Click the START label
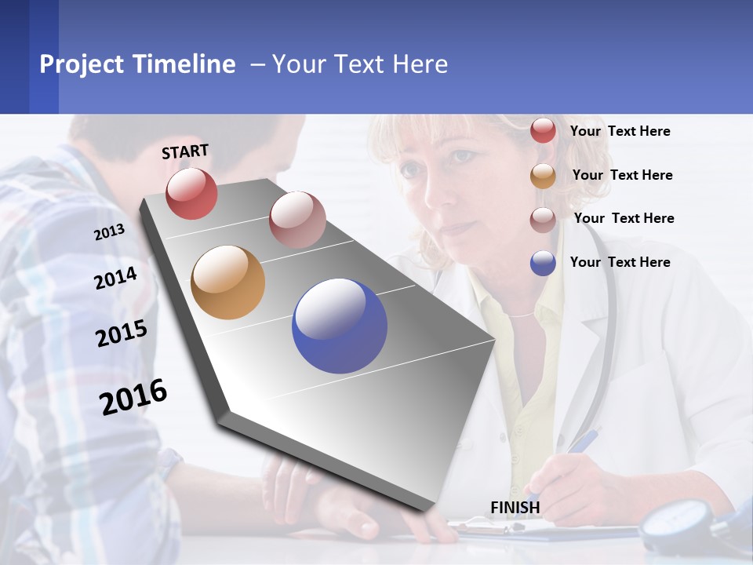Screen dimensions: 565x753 (185, 151)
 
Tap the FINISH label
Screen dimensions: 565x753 (515, 508)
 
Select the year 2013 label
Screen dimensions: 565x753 (110, 231)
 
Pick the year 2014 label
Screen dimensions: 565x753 (116, 278)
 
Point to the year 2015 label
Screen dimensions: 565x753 (122, 334)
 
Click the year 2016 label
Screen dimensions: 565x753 (133, 396)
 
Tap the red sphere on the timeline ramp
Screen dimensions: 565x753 (191, 193)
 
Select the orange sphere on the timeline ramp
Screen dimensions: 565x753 (227, 282)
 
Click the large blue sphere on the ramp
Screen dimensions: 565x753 (340, 326)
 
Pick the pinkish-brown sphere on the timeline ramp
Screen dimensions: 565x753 (297, 220)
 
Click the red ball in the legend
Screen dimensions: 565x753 (543, 130)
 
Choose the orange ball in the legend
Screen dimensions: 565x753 (543, 176)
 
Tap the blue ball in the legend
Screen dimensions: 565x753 (543, 263)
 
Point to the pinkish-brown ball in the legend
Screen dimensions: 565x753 (543, 220)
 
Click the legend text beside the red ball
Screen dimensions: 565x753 (620, 131)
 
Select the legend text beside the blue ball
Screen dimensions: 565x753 (620, 262)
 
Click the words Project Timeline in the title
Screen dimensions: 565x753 (137, 64)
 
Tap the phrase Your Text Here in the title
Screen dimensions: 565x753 (360, 64)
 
